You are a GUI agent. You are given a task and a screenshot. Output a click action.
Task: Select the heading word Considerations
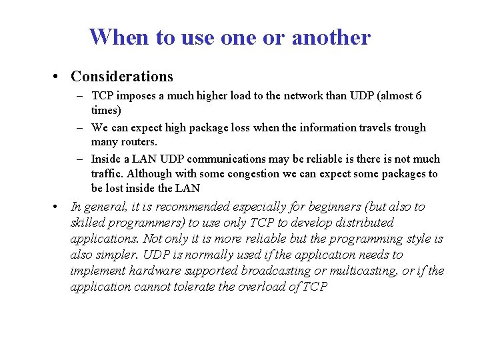point(122,77)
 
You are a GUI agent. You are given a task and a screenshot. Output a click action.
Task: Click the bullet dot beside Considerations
point(58,77)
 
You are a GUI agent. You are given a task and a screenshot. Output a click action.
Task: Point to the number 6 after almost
point(418,96)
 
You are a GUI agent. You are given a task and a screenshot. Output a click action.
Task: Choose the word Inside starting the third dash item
point(106,159)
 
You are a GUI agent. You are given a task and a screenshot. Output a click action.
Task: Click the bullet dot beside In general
point(58,206)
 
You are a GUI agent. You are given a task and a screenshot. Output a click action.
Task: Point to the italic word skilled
point(89,223)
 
